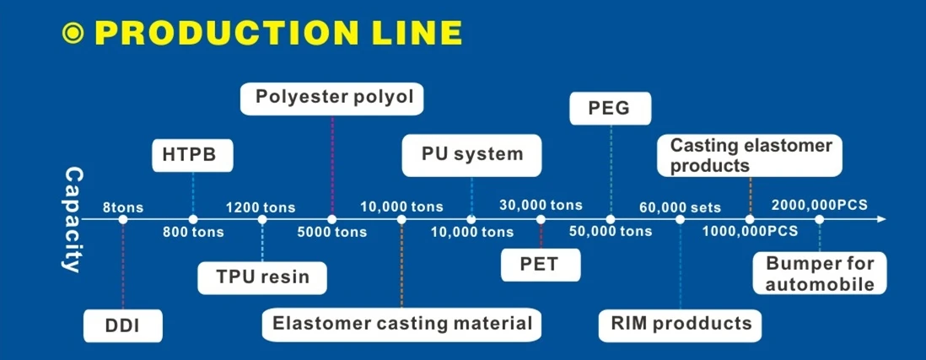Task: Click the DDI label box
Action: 123,325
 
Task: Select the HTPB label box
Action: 193,155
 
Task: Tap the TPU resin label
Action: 262,277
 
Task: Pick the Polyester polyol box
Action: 331,98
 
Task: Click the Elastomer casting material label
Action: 401,324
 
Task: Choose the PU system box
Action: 471,155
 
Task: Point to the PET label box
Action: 541,264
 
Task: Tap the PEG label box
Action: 611,108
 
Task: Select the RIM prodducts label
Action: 680,324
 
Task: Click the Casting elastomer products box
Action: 751,156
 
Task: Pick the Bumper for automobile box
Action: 820,273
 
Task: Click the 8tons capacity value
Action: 123,207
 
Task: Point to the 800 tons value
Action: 193,232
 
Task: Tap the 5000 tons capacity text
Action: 331,232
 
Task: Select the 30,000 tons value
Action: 541,206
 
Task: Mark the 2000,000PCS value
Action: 820,205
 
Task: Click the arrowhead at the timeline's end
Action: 881,219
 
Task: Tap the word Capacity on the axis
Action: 73,220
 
